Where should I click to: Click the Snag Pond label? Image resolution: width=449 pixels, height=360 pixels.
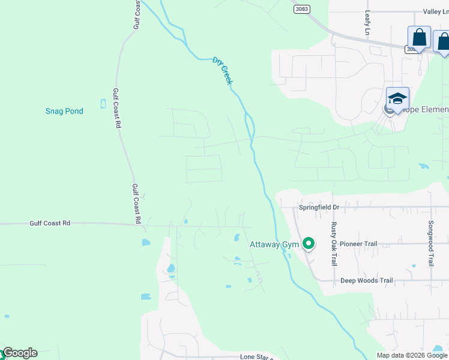point(64,111)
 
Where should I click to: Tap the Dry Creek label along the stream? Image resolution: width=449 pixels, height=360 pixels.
point(222,70)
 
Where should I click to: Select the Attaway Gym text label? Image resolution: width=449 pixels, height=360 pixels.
point(274,244)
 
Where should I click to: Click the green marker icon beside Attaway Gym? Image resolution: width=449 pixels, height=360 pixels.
point(309,244)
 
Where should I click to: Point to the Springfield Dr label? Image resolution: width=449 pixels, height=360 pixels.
point(319,207)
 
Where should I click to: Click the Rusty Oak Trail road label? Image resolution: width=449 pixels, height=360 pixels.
point(334,244)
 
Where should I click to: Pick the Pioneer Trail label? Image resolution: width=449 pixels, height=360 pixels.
point(358,244)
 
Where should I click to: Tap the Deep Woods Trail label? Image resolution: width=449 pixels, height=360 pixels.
point(366,280)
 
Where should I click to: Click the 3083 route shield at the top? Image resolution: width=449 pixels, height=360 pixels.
point(303,9)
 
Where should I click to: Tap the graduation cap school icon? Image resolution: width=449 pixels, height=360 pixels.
point(397,98)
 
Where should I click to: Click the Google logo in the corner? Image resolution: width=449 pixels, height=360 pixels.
point(19,353)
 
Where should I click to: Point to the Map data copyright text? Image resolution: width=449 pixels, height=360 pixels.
point(412,355)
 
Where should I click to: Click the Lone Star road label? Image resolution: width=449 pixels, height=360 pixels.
point(256,356)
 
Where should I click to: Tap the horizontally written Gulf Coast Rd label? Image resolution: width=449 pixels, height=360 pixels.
point(50,223)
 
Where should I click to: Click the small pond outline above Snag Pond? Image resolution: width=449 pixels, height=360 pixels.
point(103,104)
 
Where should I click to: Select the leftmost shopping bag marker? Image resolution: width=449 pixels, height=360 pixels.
point(419,38)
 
